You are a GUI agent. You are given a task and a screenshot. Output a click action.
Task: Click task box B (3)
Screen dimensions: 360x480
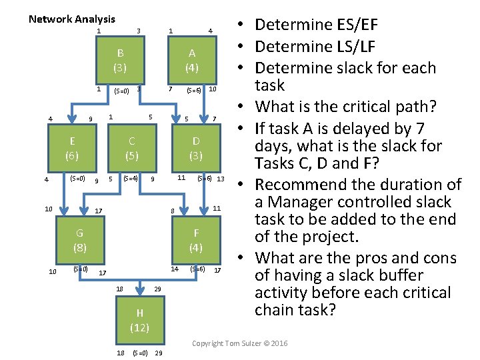click(x=120, y=60)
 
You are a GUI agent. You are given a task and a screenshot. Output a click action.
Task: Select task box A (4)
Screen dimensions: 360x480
click(x=192, y=60)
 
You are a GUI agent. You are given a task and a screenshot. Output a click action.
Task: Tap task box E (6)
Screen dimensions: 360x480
click(x=72, y=148)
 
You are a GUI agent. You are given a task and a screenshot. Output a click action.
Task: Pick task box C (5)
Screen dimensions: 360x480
click(x=132, y=148)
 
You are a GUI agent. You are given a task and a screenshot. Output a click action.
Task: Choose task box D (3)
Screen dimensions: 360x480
click(x=195, y=148)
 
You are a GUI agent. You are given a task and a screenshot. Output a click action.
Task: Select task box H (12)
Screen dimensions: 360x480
click(x=139, y=320)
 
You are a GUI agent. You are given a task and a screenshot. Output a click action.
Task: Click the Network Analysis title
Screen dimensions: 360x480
click(x=72, y=19)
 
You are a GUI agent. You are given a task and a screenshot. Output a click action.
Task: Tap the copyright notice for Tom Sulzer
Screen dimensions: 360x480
click(x=240, y=343)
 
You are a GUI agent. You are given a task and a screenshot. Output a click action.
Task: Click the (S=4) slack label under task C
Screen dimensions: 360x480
click(x=131, y=178)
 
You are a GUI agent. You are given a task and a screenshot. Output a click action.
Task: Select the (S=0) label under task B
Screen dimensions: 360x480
click(x=122, y=91)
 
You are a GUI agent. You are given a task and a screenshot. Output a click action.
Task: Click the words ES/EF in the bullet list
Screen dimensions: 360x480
click(x=349, y=25)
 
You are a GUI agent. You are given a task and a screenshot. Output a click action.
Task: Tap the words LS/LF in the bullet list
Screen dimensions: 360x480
click(x=348, y=47)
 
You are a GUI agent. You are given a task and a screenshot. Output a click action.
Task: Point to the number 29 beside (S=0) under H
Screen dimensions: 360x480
click(x=159, y=352)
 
